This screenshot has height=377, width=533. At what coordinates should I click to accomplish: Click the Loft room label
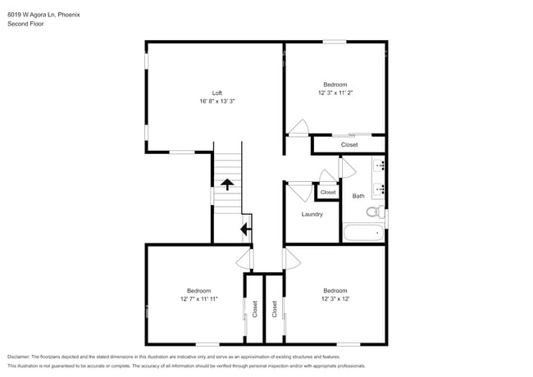(217, 93)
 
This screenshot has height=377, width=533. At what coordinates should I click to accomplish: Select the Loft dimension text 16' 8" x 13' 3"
(217, 101)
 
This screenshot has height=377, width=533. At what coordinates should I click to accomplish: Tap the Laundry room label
(312, 215)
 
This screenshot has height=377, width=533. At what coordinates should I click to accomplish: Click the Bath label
(358, 196)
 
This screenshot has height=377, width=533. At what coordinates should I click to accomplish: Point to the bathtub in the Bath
(363, 233)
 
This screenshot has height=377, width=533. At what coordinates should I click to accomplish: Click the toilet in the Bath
(374, 211)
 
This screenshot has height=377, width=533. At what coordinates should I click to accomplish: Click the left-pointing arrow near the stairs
(244, 229)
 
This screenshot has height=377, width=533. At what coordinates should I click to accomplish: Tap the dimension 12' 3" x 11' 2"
(335, 93)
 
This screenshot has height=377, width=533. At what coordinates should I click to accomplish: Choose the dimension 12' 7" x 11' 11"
(198, 299)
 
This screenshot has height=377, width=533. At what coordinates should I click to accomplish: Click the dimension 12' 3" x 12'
(335, 299)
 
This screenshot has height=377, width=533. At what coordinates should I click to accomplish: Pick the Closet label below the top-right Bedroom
(349, 145)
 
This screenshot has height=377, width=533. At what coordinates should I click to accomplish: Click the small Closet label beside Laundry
(328, 193)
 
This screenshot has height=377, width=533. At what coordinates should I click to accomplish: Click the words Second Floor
(25, 24)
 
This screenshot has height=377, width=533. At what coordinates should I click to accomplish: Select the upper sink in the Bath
(380, 166)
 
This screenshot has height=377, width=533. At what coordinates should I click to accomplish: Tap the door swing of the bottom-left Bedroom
(244, 261)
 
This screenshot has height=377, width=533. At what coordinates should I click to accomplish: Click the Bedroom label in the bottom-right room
(335, 291)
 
